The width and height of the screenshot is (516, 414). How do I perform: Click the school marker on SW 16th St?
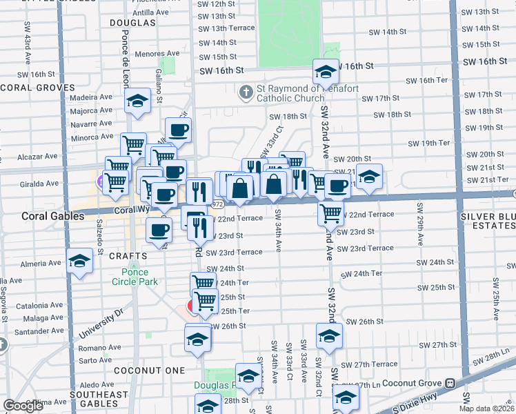click(x=325, y=72)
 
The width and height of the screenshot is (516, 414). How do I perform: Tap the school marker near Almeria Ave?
click(x=80, y=262)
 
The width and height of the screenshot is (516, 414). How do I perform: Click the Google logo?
click(x=23, y=406)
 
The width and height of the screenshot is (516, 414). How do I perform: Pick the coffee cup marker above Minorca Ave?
click(x=178, y=130)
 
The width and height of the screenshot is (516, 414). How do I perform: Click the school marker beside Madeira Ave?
click(x=137, y=101)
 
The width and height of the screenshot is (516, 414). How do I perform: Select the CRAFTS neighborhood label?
click(x=128, y=256)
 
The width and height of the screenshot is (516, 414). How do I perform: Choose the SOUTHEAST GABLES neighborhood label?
click(x=99, y=400)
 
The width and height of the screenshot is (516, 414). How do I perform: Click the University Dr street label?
click(x=103, y=322)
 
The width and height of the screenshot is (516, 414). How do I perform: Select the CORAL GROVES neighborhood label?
click(x=37, y=88)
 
